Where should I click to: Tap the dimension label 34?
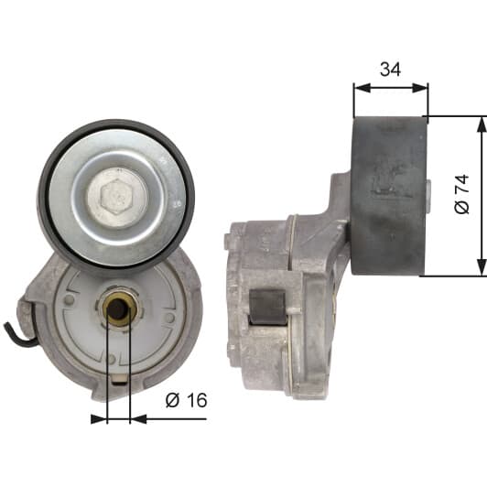coord(390,70)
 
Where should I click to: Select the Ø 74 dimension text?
coord(461,194)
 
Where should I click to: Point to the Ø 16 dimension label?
coord(186,400)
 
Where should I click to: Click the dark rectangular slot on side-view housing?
coord(267,308)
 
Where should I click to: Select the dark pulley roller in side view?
coord(389,195)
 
